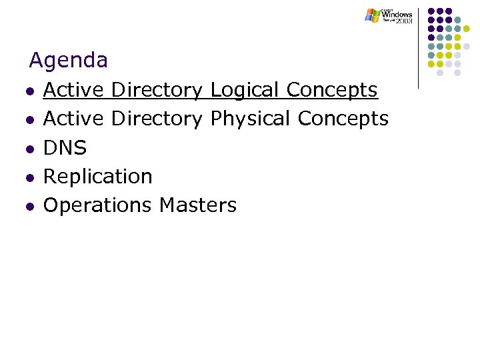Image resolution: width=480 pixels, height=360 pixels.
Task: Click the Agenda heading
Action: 68,61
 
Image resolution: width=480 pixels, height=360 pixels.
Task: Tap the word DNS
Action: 65,147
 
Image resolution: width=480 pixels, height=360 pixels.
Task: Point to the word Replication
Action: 98,176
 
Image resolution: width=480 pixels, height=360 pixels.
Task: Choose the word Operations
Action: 98,205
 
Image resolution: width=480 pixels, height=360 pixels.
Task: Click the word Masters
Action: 198,205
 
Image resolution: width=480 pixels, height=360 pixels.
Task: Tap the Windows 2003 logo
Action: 389,16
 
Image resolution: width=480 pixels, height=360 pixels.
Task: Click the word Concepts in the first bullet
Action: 332,90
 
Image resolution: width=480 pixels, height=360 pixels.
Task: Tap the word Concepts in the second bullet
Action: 343,119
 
